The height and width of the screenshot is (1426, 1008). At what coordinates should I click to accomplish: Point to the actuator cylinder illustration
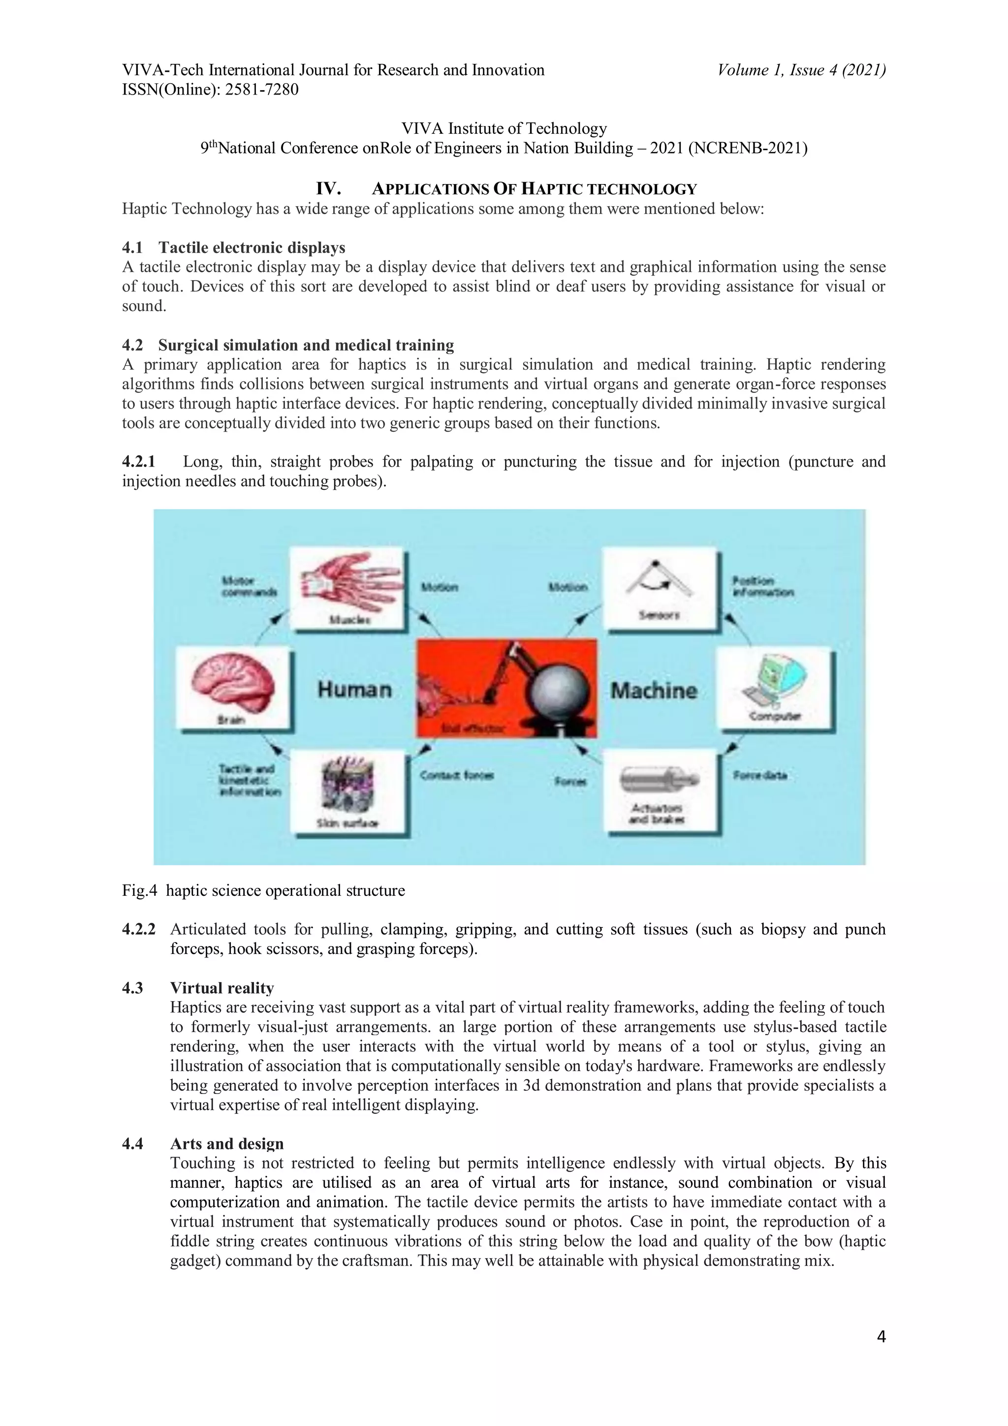[x=660, y=780]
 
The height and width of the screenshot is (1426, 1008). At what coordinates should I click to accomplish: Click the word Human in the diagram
[x=355, y=690]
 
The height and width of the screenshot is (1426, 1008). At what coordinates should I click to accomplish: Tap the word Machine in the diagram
[x=653, y=691]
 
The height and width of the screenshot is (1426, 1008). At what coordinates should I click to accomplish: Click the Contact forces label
[x=456, y=775]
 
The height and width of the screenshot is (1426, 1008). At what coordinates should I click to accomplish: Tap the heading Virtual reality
[x=221, y=987]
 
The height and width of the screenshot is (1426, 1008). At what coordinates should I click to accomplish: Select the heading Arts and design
[x=227, y=1143]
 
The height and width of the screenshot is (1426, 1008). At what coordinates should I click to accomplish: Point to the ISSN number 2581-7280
[x=261, y=90]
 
